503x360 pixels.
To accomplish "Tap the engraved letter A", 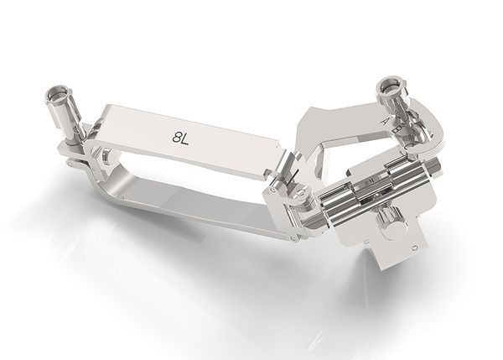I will click(385, 121).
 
